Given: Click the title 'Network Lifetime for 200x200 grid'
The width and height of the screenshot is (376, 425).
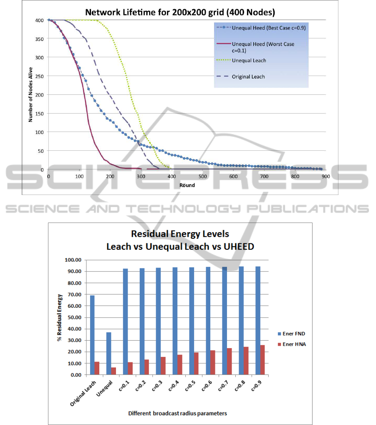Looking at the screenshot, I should (180, 12).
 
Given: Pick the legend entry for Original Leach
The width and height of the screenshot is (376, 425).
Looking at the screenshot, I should (248, 76).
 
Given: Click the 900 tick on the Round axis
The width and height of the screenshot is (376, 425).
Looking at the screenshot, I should (326, 177).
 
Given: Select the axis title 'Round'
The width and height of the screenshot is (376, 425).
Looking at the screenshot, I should (187, 185).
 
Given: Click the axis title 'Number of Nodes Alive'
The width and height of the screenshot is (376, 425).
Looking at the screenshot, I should (30, 95).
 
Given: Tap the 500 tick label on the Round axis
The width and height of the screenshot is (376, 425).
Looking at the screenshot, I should (203, 177).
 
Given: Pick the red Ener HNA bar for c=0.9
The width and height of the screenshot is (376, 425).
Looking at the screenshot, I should (262, 359).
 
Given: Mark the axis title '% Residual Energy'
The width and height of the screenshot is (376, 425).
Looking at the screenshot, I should (60, 318).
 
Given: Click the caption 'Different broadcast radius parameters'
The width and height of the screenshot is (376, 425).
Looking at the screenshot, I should (177, 413).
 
